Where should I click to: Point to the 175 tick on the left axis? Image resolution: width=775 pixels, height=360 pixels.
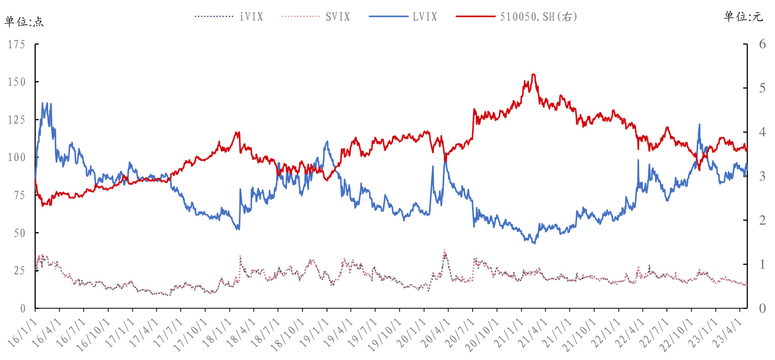click(x=17, y=45)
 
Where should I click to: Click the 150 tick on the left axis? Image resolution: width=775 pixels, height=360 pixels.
click(x=17, y=82)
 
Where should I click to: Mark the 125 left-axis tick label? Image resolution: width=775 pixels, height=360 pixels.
click(x=17, y=119)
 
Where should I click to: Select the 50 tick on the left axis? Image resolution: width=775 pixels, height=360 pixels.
click(x=19, y=233)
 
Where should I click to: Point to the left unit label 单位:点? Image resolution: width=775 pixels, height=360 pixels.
click(x=25, y=22)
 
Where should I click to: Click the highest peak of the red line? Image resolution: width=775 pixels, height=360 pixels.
click(x=533, y=74)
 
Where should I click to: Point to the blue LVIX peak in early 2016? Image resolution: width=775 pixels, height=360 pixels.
click(x=43, y=103)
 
